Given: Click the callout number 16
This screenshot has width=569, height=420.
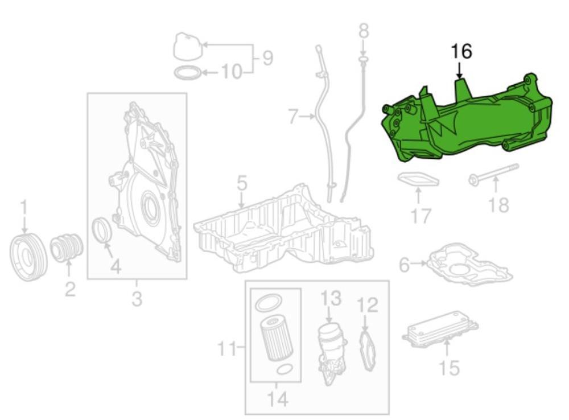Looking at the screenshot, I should pos(461,51).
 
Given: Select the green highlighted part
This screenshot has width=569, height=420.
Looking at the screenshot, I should pos(467,125).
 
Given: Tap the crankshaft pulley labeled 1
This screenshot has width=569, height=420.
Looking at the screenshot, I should pos(28,256).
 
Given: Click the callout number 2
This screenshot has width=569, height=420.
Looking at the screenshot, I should pos(69,289).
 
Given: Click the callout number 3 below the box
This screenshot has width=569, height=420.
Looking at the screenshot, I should pos(137,298).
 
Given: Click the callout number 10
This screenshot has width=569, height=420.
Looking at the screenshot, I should pos(231,72).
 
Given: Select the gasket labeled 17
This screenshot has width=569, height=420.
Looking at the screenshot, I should pos(418,180).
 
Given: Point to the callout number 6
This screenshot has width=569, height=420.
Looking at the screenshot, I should pos(404,265).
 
